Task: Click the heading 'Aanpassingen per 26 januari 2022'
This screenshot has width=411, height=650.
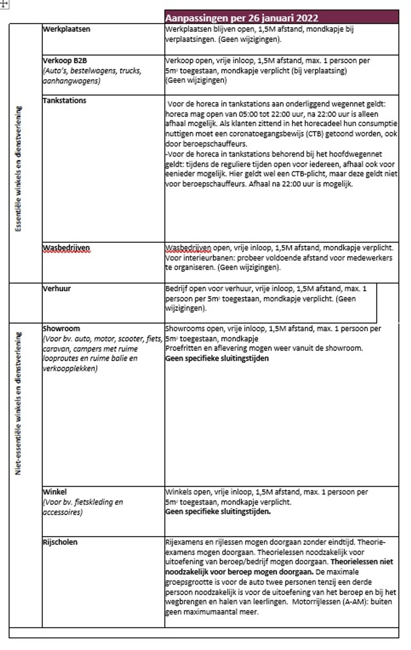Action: (x=241, y=18)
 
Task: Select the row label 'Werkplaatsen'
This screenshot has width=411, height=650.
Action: (x=66, y=29)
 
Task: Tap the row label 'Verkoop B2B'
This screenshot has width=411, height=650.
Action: (x=65, y=61)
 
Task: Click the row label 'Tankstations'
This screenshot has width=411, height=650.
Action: (x=64, y=100)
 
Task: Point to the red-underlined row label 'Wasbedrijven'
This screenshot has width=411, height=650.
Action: (x=66, y=248)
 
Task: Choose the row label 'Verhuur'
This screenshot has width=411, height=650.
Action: (x=57, y=288)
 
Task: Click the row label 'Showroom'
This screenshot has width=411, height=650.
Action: (x=61, y=328)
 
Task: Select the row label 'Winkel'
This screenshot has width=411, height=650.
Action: (x=55, y=492)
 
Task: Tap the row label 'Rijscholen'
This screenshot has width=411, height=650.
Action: (x=60, y=542)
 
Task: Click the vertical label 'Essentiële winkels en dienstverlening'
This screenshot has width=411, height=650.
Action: (x=18, y=169)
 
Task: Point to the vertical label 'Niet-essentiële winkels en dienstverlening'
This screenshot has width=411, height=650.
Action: (x=18, y=403)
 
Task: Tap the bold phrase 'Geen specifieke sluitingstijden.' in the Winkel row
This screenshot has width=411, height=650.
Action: (x=218, y=512)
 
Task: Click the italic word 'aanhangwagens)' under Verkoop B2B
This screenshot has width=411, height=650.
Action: (x=71, y=81)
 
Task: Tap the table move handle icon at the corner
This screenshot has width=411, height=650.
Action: (x=4, y=4)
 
